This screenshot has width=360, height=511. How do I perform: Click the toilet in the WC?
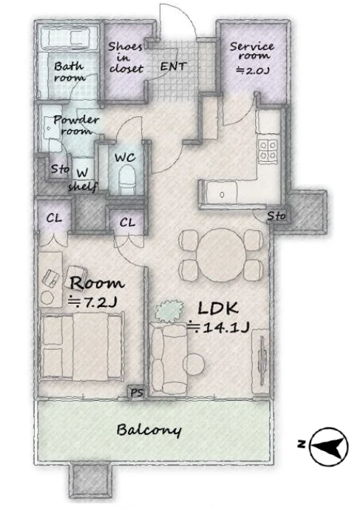126,179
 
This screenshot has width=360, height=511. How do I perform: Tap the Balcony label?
149,430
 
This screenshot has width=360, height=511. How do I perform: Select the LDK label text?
218,308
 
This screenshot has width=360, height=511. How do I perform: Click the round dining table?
222,254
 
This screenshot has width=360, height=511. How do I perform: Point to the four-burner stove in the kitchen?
268,151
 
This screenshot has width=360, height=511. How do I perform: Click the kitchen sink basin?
223,194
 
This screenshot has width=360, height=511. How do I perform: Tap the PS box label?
137,393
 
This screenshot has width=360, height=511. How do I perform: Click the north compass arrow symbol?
328,446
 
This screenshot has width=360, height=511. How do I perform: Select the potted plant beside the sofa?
169,311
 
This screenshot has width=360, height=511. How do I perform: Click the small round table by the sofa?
194,364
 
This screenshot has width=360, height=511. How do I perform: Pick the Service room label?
252,50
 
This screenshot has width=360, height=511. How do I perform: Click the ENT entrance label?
173,67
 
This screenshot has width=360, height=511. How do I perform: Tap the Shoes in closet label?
126,58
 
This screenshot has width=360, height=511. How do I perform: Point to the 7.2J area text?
92,302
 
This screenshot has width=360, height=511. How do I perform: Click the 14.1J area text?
218,327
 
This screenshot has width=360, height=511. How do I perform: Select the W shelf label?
83,180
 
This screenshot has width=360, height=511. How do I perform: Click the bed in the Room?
81,345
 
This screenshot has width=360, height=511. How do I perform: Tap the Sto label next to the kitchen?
276,215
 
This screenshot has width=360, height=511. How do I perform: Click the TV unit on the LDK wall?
260,362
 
